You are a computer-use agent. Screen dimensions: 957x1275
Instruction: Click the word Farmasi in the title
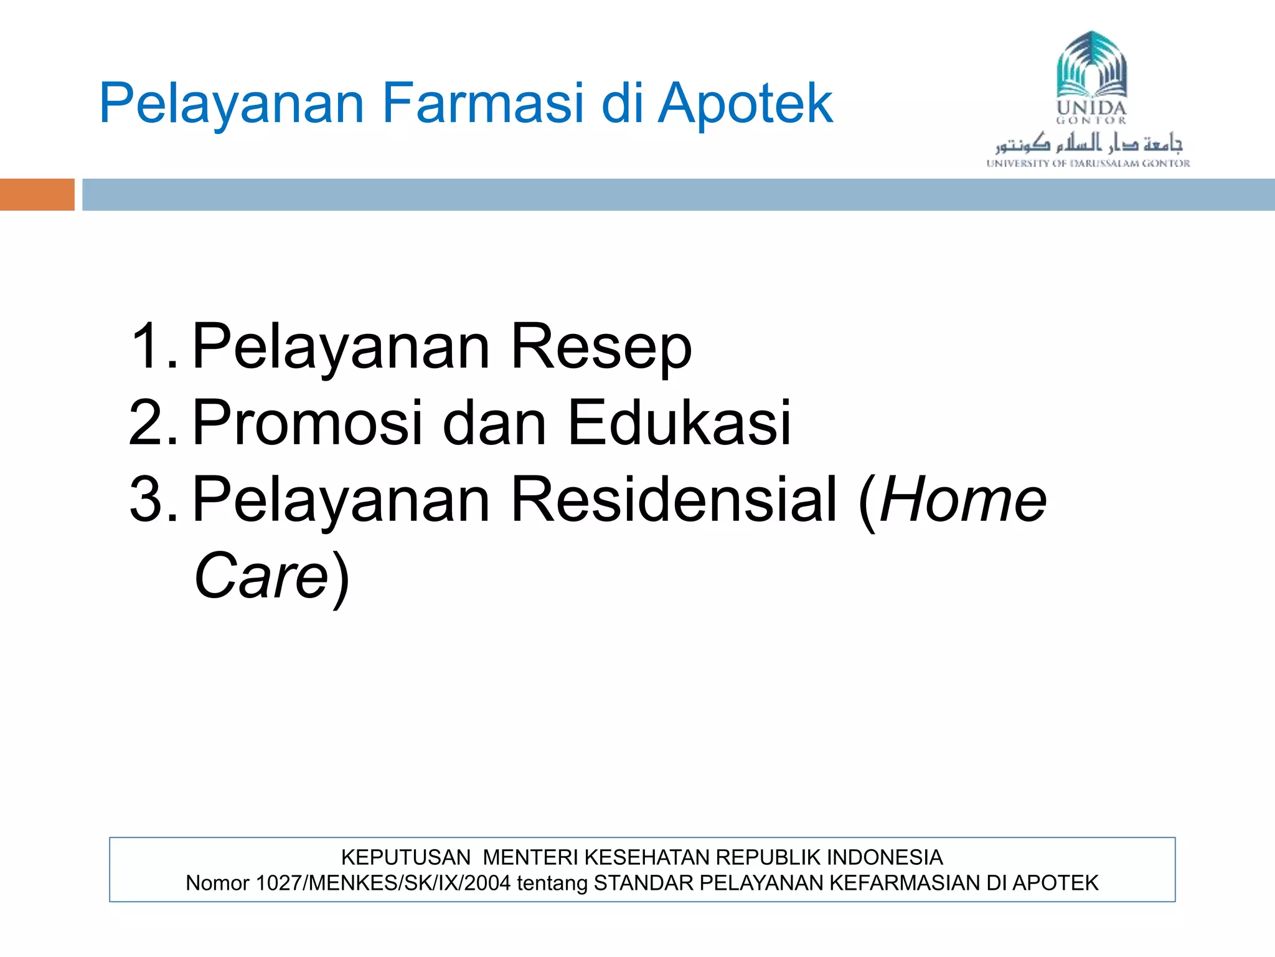point(482,103)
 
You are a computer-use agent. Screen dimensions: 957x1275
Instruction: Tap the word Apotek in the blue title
point(745,103)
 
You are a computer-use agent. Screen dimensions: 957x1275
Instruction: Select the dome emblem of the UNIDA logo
point(1091,65)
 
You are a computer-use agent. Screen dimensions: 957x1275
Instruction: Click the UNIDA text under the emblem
point(1091,107)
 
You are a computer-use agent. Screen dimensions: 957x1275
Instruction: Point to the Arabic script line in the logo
point(1088,143)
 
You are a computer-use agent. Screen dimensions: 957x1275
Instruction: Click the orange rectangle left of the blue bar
point(37,194)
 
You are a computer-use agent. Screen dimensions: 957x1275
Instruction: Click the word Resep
point(601,348)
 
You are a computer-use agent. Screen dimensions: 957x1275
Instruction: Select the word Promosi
point(309,423)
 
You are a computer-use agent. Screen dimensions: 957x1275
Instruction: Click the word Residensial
point(674,499)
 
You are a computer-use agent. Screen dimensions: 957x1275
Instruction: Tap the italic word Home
point(964,499)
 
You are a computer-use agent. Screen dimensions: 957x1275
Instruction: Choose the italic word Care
point(261,576)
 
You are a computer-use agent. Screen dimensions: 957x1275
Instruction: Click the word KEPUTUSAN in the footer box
point(406,858)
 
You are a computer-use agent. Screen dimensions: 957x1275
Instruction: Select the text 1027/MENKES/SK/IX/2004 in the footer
point(383,883)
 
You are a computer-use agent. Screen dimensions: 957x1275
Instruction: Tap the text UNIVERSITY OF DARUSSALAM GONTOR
point(1088,164)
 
